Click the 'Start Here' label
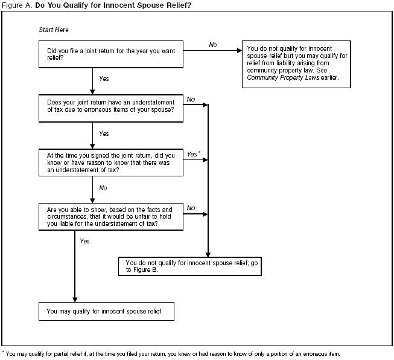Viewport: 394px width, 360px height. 54,30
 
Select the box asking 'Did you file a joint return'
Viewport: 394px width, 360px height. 111,55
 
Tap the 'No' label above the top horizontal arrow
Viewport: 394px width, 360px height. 213,45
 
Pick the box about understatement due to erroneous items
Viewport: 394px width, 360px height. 111,106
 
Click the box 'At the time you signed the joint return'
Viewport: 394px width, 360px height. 111,162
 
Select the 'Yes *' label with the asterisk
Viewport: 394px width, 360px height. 194,154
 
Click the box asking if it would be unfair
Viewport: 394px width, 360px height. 111,216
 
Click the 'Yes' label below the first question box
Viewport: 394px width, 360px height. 104,79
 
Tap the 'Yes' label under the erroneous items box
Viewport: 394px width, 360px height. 104,133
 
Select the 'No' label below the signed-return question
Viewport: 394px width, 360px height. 103,188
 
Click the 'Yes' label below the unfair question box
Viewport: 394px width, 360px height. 84,241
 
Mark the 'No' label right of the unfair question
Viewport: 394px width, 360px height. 191,208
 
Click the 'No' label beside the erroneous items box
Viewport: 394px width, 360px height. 191,99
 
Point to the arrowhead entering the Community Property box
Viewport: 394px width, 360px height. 238,51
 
